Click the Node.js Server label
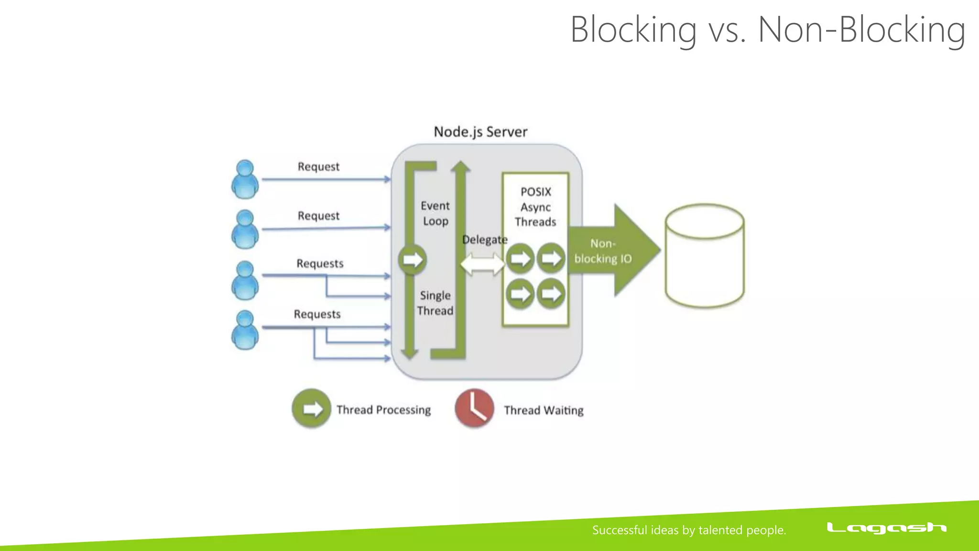coord(480,132)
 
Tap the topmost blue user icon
coord(245,179)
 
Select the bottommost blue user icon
coord(245,330)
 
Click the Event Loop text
coord(435,213)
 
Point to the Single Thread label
coord(435,303)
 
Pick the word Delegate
coord(484,240)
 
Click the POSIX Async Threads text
coord(535,207)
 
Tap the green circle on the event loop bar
coord(412,260)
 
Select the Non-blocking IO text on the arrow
coord(603,251)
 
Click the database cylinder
coord(705,256)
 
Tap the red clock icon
coord(474,408)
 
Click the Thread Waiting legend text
coord(544,410)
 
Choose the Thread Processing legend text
coord(383,410)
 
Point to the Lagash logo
coord(886,528)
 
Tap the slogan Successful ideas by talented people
coord(689,530)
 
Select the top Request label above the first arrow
coord(318,166)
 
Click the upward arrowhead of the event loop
coord(461,166)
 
